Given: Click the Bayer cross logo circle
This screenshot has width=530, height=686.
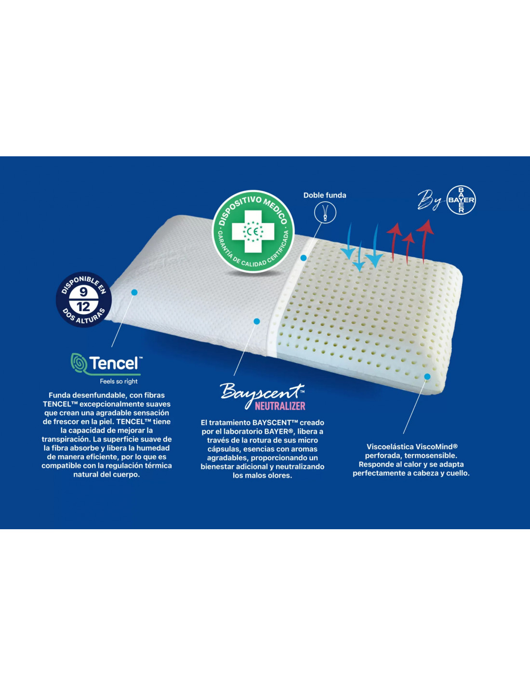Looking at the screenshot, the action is [461, 200].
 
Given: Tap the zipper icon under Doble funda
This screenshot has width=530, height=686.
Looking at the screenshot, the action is [325, 212].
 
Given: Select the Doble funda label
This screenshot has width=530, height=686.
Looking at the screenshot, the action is [325, 195].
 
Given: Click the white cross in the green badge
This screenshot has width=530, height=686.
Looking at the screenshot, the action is [253, 232].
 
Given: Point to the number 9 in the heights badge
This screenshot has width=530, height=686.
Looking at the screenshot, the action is [83, 292].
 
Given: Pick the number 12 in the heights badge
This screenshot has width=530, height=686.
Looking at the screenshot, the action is [83, 306].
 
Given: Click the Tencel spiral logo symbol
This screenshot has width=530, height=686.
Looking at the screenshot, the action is [79, 363].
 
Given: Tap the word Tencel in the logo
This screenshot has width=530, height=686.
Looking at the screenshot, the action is [114, 363].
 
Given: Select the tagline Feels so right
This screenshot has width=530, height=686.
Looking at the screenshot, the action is [119, 382].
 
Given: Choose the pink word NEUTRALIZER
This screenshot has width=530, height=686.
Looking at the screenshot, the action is [280, 406].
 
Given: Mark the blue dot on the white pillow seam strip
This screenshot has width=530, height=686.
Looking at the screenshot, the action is [304, 258].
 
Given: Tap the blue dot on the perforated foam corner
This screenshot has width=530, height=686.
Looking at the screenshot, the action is [427, 377].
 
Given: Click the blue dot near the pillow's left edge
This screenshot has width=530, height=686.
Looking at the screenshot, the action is [134, 293].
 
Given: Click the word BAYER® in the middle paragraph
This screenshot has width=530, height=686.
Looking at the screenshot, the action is [278, 431].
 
